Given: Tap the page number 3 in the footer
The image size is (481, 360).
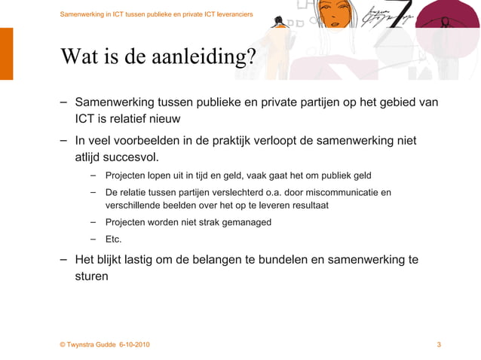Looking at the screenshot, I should coord(439,345).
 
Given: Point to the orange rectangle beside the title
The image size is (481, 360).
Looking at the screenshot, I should coord(6,53).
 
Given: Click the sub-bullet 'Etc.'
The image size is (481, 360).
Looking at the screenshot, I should coord(113,239).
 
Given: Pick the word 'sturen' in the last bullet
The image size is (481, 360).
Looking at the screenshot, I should coord(91,276).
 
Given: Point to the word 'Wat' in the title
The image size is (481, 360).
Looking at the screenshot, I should coord(78,56).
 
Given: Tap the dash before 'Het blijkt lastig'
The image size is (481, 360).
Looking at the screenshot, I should coord(65,259).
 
